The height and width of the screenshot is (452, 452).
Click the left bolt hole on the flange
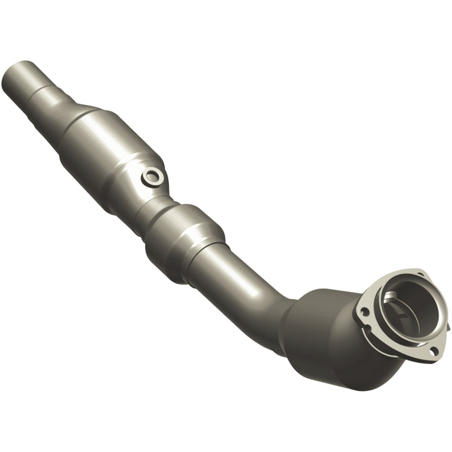pyautogui.click(x=364, y=311)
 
